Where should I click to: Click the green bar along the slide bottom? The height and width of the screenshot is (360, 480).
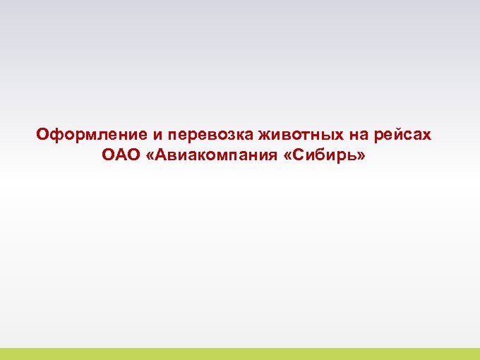240,354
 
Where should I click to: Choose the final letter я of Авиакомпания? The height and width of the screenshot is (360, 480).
269,155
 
